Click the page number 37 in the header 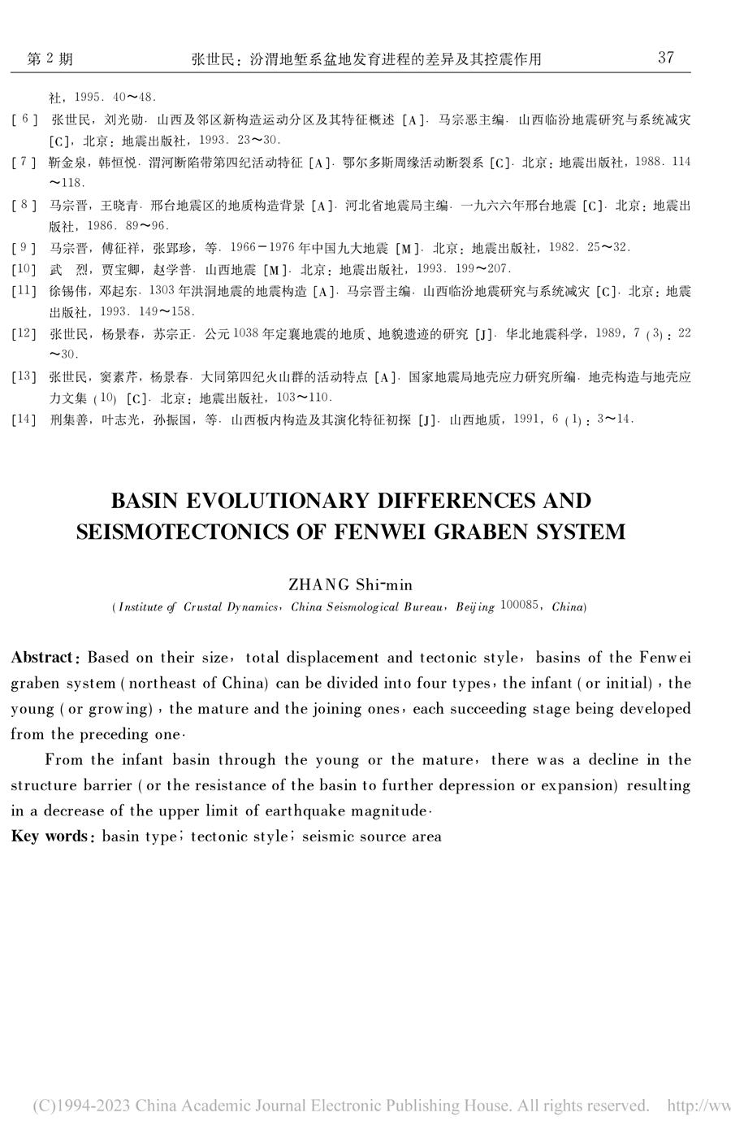pos(665,57)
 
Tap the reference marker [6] pos(24,120)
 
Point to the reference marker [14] pos(24,419)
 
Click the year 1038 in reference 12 pos(246,332)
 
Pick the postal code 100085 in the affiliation pos(522,606)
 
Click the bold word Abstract pos(43,657)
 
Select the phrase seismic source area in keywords pos(371,836)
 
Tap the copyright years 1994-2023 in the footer pos(97,1106)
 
